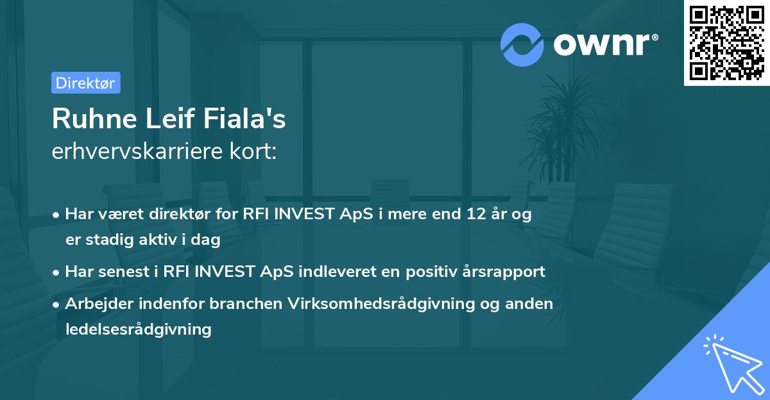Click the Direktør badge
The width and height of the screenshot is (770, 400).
pos(85,83)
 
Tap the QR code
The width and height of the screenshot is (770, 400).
pos(726,43)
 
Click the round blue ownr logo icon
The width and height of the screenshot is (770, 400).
pos(522,44)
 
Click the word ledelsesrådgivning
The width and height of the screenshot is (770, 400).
pos(138,329)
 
